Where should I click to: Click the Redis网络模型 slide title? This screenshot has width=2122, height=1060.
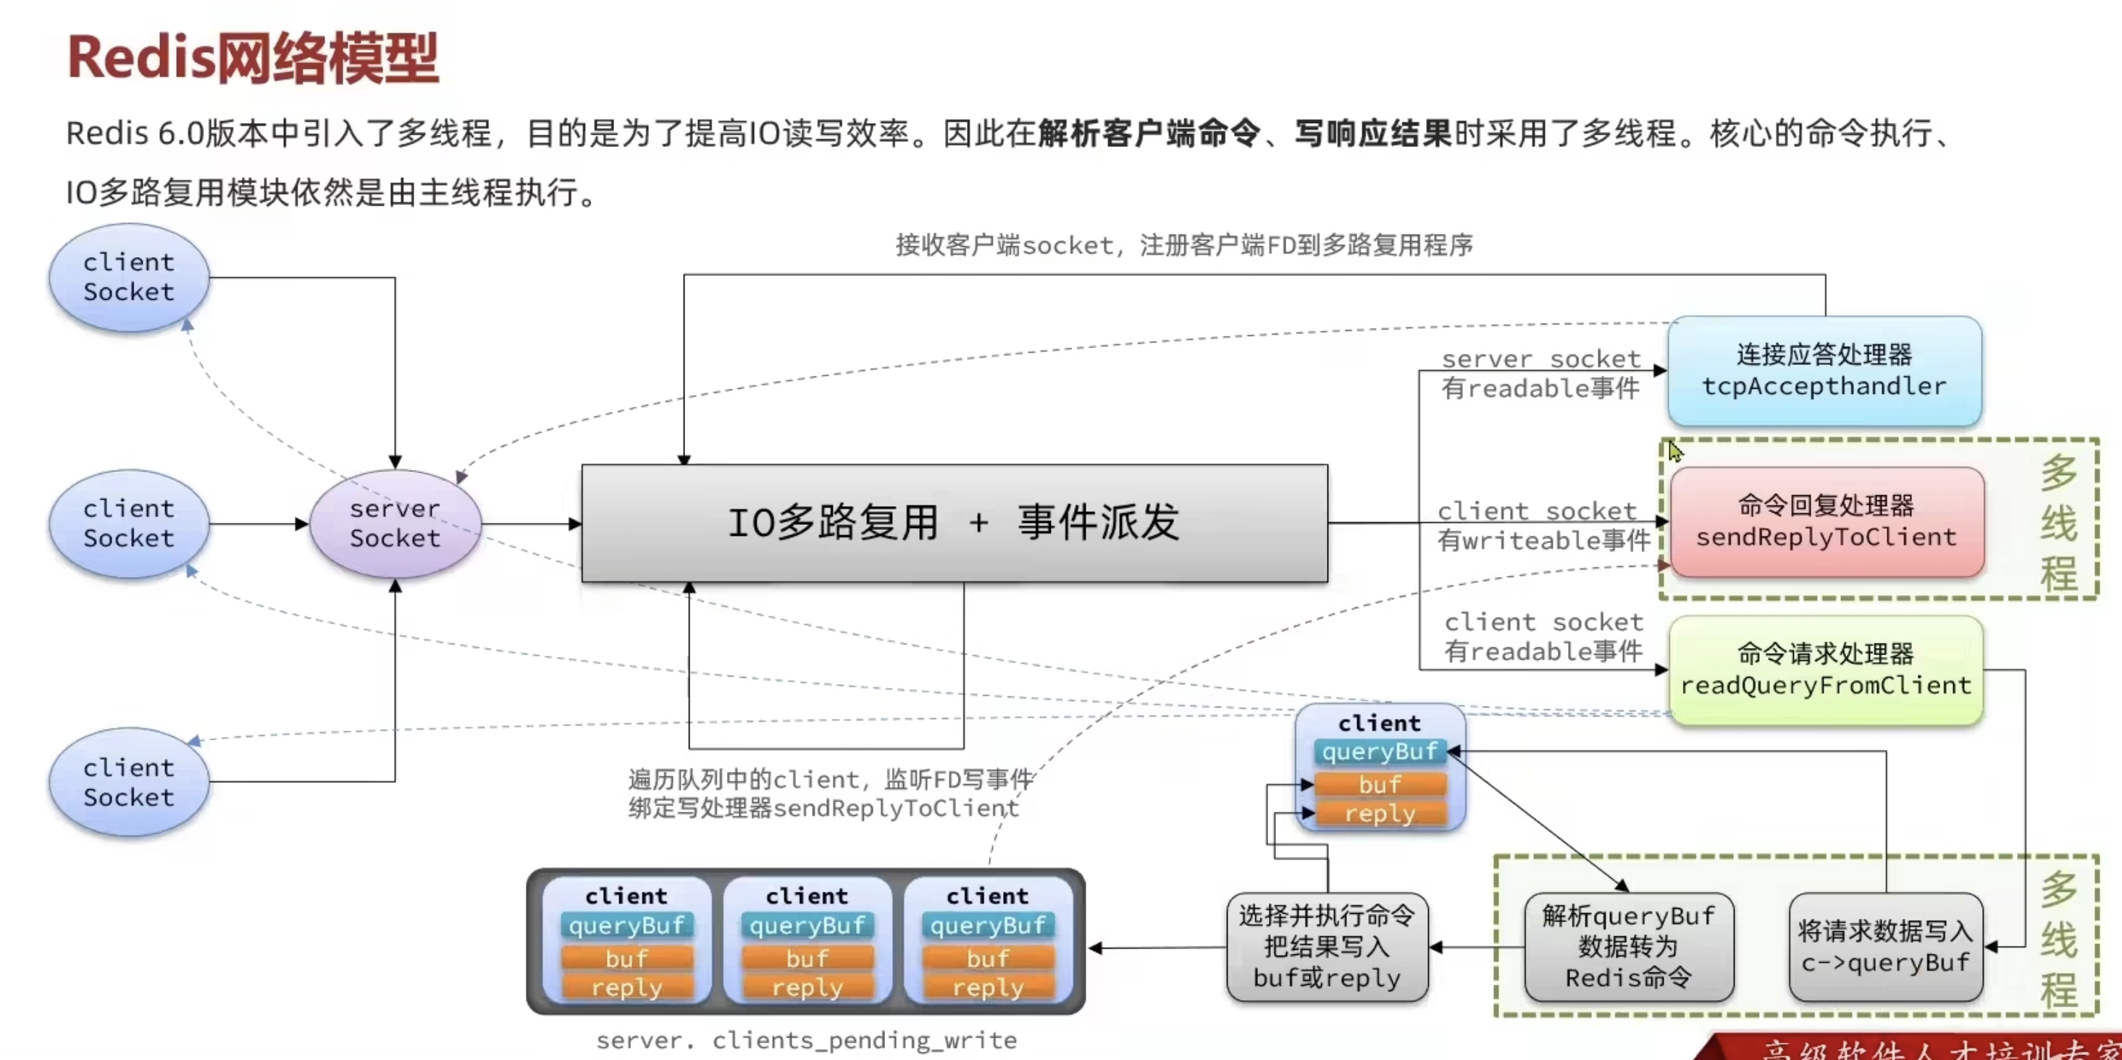(x=252, y=58)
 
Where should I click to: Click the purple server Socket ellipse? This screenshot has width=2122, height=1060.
(x=395, y=523)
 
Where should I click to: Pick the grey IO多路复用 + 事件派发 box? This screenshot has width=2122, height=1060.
(x=954, y=523)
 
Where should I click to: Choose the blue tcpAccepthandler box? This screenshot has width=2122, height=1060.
(x=1824, y=371)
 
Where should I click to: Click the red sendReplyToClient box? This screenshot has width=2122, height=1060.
(x=1826, y=522)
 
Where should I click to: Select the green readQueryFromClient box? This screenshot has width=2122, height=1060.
(x=1826, y=670)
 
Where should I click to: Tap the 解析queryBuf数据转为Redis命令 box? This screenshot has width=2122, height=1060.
(x=1629, y=947)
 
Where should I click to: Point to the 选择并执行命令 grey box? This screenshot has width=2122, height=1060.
(x=1326, y=947)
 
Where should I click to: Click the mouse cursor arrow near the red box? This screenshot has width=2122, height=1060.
(x=1674, y=450)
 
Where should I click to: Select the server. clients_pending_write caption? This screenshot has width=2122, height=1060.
(x=805, y=1040)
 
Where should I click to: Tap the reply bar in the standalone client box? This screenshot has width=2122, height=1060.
(x=1380, y=814)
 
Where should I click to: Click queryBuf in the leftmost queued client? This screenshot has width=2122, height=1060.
(x=627, y=926)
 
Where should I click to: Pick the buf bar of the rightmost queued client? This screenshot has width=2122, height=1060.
(x=988, y=959)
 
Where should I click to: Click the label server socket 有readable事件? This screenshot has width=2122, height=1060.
(x=1540, y=374)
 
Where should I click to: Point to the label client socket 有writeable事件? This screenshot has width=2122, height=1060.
(x=1542, y=526)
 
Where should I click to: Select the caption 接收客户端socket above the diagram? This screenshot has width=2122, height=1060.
(x=1183, y=245)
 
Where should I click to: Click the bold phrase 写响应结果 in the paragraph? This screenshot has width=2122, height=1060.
(x=1372, y=133)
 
